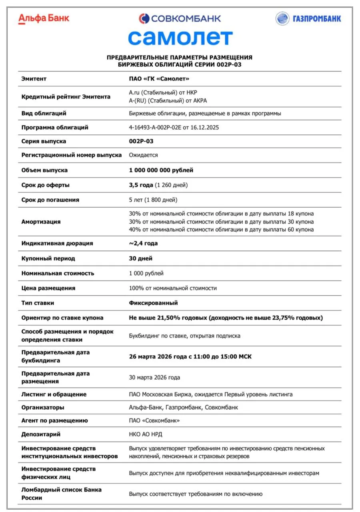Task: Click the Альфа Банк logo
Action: pyautogui.click(x=44, y=18)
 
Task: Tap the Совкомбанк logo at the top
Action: pyautogui.click(x=180, y=18)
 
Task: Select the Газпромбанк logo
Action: pyautogui.click(x=308, y=18)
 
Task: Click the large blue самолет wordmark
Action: pyautogui.click(x=180, y=38)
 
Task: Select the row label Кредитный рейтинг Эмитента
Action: pyautogui.click(x=66, y=96)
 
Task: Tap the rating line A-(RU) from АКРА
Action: pyautogui.click(x=168, y=100)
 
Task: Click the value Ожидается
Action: pyautogui.click(x=143, y=155)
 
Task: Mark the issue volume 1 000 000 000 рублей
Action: pyautogui.click(x=161, y=170)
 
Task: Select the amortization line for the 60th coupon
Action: pyautogui.click(x=221, y=229)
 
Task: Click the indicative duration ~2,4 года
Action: pyautogui.click(x=143, y=243)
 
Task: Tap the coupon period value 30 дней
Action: pyautogui.click(x=140, y=258)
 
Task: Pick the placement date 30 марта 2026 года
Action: pyautogui.click(x=154, y=377)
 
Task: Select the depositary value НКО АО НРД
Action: pyautogui.click(x=146, y=434)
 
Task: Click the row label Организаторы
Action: pyautogui.click(x=43, y=407)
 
